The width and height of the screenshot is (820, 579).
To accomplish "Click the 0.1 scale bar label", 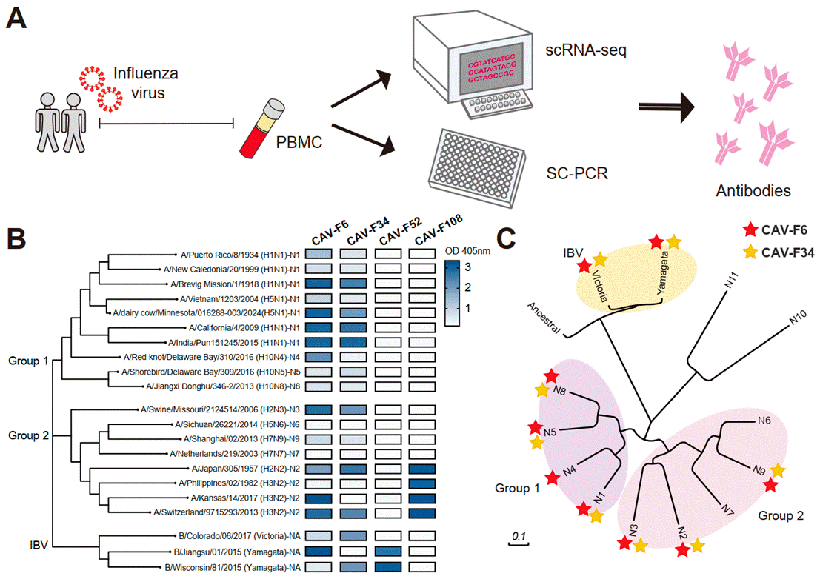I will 518,536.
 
